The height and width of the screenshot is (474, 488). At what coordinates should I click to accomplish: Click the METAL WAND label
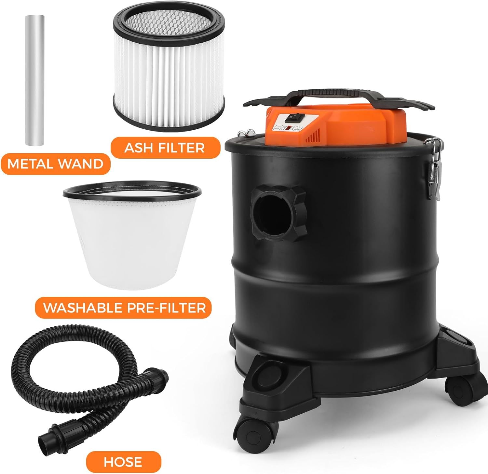tap(55, 164)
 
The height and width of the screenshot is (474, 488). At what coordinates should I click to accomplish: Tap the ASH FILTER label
tap(165, 148)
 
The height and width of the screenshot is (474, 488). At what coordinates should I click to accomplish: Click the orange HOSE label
tap(123, 462)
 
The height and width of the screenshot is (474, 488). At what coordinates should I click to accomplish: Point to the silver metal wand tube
tap(34, 80)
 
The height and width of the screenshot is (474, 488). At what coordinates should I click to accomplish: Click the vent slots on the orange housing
tap(312, 136)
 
